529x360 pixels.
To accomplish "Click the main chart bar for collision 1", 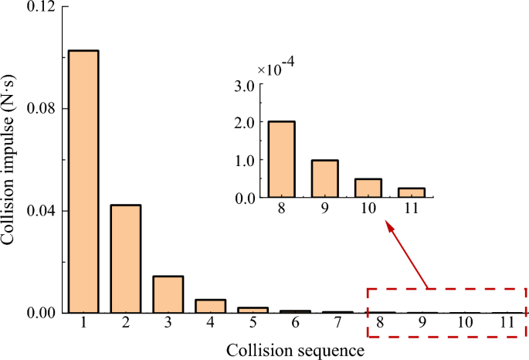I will [83, 182].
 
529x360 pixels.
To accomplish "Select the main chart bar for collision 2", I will [126, 259].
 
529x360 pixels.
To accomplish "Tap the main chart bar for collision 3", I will [168, 294].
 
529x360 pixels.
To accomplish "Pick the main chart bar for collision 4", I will [210, 306].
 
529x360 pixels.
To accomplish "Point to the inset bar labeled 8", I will [283, 160].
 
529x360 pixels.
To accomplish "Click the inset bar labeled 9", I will [325, 178].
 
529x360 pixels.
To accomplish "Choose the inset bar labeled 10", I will [368, 188].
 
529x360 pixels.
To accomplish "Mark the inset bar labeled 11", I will [410, 193].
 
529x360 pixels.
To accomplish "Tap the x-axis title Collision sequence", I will [295, 350].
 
